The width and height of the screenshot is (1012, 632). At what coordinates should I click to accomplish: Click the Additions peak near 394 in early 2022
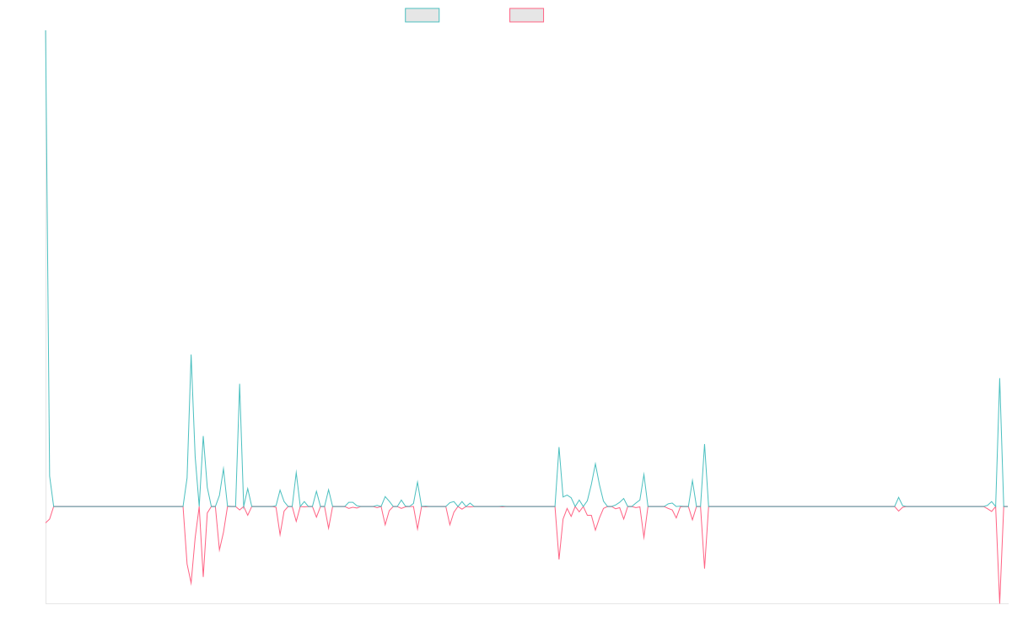coord(191,355)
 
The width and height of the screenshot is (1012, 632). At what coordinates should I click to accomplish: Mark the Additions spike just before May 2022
coord(240,384)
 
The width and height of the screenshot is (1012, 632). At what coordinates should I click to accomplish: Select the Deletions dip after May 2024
coord(704,568)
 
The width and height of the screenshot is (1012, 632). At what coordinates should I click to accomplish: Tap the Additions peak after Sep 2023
coord(559,447)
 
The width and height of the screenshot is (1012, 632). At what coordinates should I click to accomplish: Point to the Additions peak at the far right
coord(999,378)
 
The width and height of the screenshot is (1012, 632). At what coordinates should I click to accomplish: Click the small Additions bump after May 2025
coord(898,497)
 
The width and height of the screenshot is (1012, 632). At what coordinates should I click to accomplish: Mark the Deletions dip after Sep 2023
coord(559,558)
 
